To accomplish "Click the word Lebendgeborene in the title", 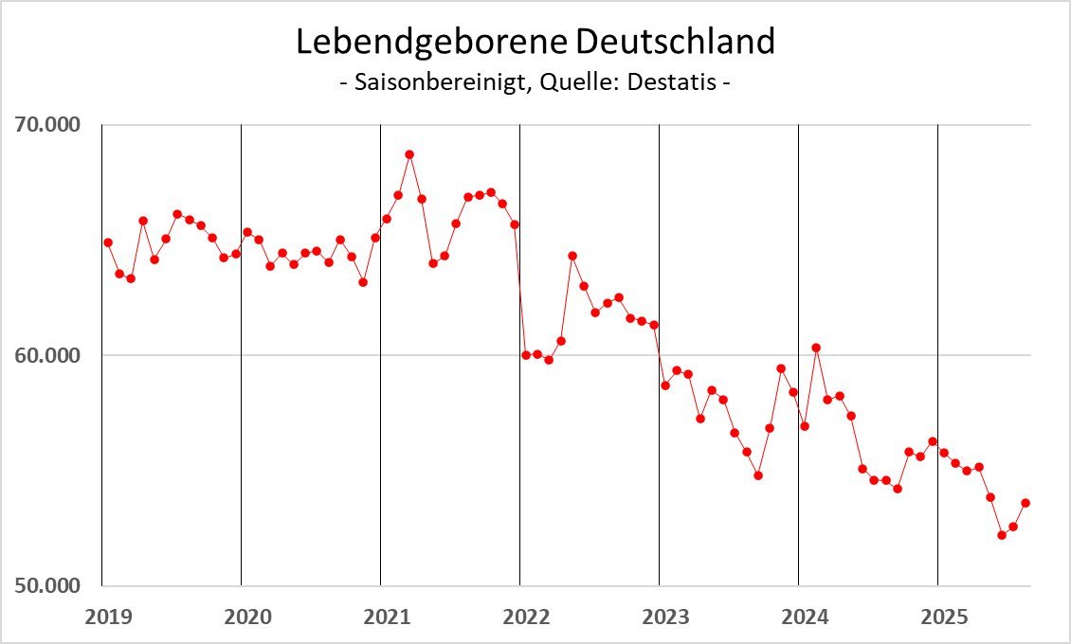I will (432, 42).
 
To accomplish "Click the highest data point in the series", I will (409, 154).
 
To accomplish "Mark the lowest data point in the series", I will (1002, 535).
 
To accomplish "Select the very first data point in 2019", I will (108, 242).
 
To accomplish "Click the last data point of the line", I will (1026, 503).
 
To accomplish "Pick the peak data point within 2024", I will (816, 348).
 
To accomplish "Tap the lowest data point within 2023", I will (758, 475).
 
